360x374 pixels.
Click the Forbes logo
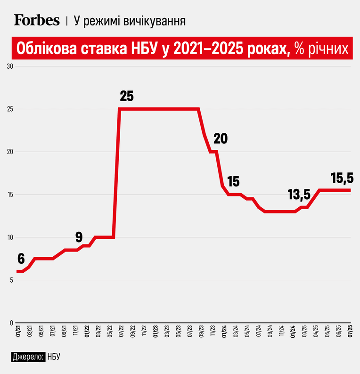37,20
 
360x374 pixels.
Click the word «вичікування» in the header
155,21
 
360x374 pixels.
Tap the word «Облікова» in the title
47,48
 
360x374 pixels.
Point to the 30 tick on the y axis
10,66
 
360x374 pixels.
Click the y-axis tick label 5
11,280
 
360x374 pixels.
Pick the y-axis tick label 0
11,323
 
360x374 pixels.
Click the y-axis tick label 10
10,237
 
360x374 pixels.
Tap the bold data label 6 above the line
21,259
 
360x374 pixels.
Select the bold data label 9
79,237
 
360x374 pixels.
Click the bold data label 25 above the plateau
127,96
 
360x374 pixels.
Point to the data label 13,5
299,195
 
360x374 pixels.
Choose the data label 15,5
342,178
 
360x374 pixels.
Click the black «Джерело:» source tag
28,357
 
